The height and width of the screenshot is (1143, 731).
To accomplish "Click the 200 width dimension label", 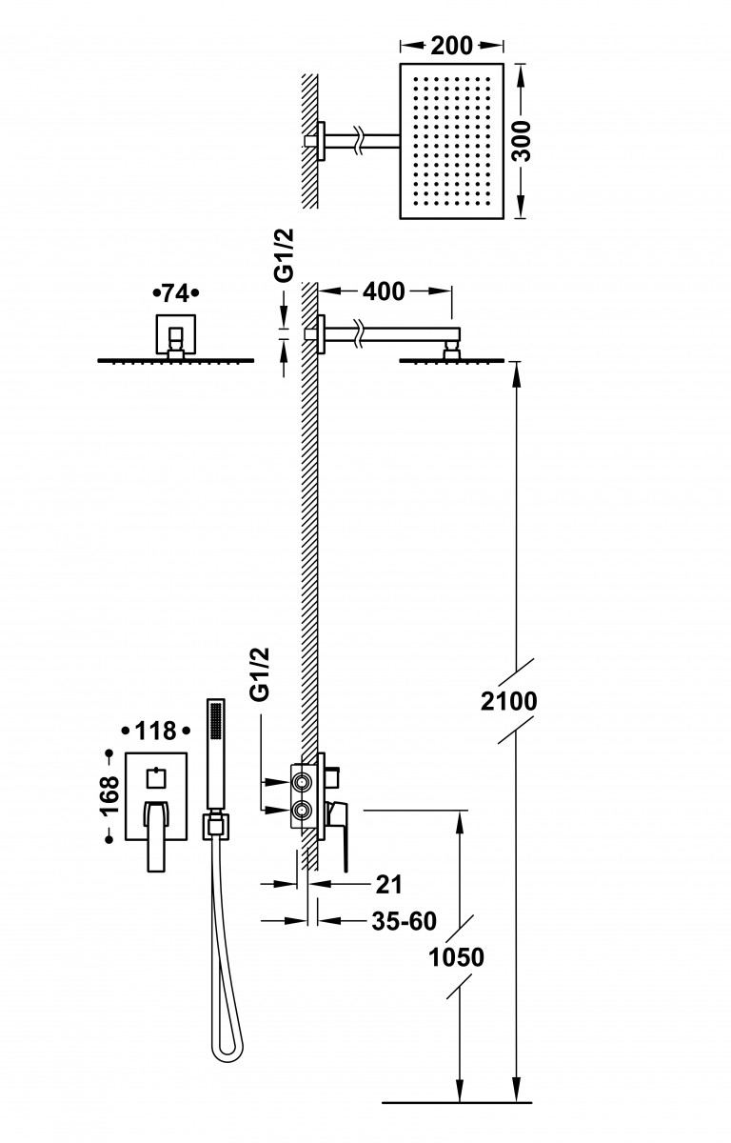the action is click(x=452, y=46).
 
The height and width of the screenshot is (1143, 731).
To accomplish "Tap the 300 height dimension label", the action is click(x=521, y=141).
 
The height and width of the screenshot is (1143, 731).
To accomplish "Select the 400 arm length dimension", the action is click(x=384, y=291).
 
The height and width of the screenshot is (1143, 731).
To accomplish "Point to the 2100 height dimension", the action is click(x=508, y=701).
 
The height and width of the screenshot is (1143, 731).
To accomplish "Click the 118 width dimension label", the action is click(x=156, y=732).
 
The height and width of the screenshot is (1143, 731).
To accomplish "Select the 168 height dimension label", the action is click(x=109, y=795).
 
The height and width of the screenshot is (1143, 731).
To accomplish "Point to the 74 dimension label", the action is click(x=176, y=294).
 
